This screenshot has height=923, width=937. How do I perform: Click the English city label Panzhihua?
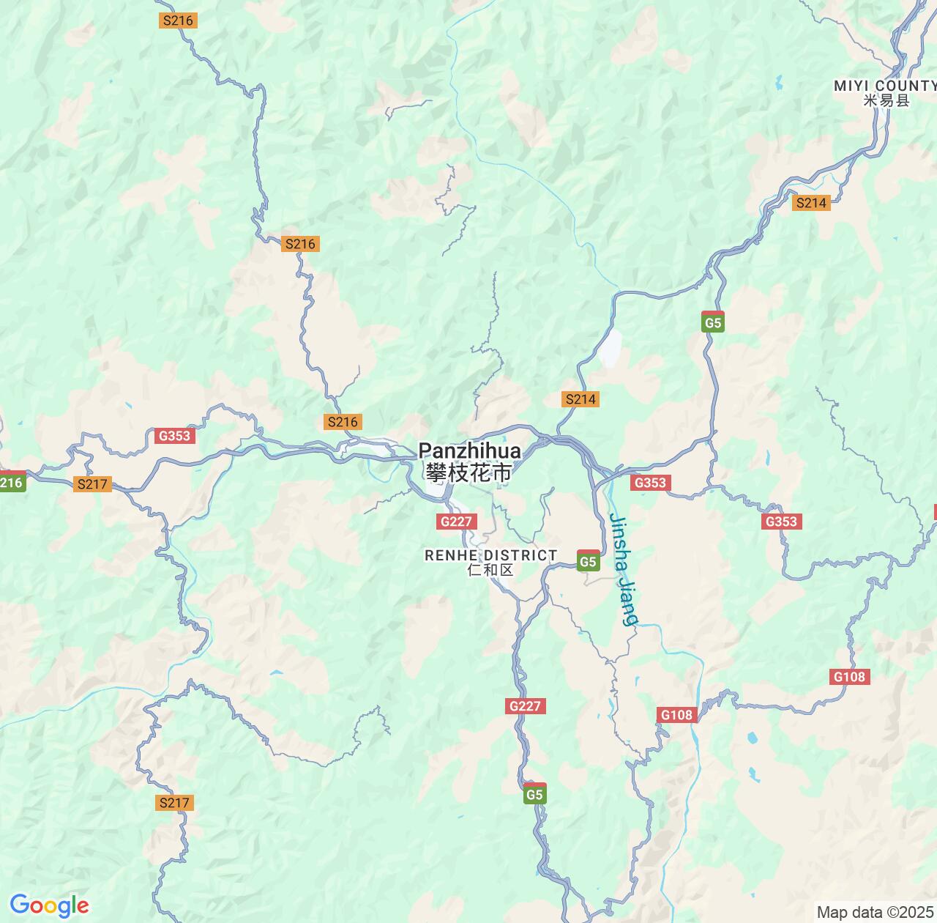pos(469,451)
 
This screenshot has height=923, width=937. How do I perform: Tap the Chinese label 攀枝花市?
pos(469,473)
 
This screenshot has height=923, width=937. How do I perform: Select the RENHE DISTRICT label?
pos(491,555)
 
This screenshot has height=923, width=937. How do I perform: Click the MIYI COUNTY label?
pos(885,86)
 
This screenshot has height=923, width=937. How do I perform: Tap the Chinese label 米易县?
pos(886,101)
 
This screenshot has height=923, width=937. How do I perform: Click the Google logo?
pos(49,905)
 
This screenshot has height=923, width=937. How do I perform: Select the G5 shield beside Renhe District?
pos(588,561)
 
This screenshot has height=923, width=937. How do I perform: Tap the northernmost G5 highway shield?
pos(712,322)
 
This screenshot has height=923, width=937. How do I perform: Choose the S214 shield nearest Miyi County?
pos(811,203)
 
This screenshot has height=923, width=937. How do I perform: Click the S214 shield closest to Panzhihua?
pos(581,399)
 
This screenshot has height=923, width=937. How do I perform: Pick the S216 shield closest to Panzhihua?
pos(343,421)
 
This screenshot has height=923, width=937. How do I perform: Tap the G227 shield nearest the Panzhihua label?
pos(457,522)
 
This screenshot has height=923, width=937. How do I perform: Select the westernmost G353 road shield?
pos(174,436)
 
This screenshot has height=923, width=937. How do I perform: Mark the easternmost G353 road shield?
pos(781,522)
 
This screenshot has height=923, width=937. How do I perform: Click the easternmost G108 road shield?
pos(850,677)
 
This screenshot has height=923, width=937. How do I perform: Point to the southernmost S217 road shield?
pos(174,803)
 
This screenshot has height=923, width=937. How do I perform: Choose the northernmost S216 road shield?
pos(178,21)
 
